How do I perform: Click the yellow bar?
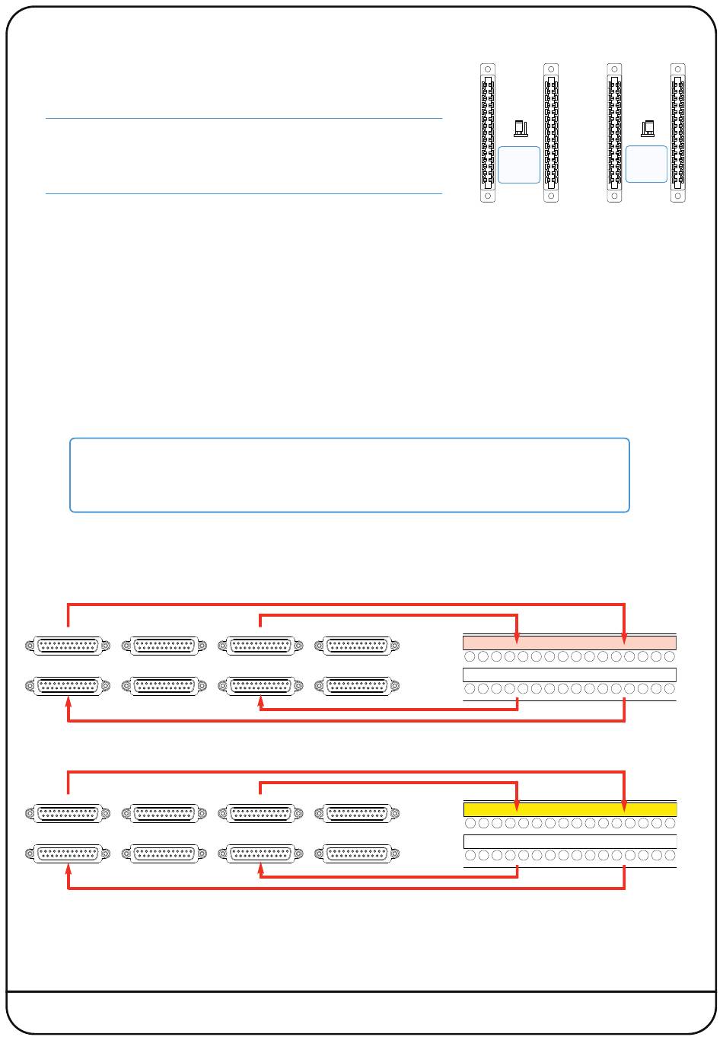569,809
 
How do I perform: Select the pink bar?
569,642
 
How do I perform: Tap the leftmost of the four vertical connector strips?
488,132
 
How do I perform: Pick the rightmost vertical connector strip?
678,132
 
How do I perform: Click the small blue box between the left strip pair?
519,164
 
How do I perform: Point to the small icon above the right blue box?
648,128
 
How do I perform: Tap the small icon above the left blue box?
521,128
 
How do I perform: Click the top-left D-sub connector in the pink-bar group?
68,646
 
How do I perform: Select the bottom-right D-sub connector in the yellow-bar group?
356,854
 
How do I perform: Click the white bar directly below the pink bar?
569,675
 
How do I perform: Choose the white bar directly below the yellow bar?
569,841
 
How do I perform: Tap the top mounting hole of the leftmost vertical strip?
488,69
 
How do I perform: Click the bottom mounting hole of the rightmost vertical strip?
678,196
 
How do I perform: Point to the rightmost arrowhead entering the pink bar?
624,639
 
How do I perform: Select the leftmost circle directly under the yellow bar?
470,823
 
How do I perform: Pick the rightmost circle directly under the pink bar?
670,656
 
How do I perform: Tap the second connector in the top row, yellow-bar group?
164,814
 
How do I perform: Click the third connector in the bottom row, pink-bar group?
260,686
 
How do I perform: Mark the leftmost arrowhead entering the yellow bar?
518,806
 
